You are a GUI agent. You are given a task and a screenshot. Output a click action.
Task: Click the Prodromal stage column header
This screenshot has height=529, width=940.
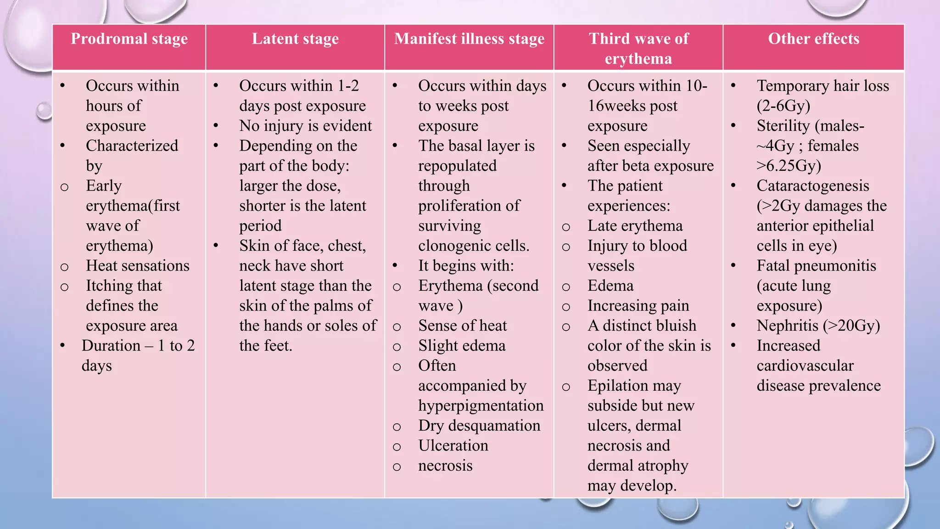[129, 39]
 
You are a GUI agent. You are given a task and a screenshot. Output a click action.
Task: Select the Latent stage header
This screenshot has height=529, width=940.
[295, 39]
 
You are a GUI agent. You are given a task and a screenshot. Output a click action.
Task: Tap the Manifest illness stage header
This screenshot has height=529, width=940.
[469, 39]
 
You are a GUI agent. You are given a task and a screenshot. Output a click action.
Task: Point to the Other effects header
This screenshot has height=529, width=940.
[813, 39]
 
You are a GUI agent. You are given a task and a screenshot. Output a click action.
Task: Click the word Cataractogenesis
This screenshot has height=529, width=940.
[812, 186]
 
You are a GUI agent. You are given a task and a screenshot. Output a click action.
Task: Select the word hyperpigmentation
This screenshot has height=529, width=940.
[481, 406]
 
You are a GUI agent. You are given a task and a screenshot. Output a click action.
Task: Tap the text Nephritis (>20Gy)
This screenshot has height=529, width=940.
[818, 326]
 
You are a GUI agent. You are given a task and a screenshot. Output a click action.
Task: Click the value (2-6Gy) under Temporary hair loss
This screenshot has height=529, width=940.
[783, 106]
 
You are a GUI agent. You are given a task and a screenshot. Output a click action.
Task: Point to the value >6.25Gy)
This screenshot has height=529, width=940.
[789, 166]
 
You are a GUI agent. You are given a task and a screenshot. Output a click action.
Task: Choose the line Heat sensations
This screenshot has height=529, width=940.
[137, 266]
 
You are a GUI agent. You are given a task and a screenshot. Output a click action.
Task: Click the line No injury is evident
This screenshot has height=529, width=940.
[305, 126]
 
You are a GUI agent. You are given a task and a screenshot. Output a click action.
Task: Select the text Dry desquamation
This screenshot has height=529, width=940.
[479, 426]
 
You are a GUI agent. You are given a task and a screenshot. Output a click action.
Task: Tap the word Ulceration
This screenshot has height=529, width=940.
[453, 446]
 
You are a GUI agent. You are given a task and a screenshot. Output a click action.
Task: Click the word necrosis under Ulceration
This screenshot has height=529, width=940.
[445, 466]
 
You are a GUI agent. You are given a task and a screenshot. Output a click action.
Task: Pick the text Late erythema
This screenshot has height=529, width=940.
[635, 226]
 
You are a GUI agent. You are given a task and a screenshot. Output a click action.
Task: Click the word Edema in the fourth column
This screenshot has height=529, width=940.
[610, 286]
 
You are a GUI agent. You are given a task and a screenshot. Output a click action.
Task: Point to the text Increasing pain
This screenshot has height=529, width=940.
[638, 306]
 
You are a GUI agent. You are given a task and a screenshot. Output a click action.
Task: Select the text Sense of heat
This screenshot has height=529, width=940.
[462, 326]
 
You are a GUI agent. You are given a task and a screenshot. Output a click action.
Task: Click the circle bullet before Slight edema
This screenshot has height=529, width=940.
[397, 347]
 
